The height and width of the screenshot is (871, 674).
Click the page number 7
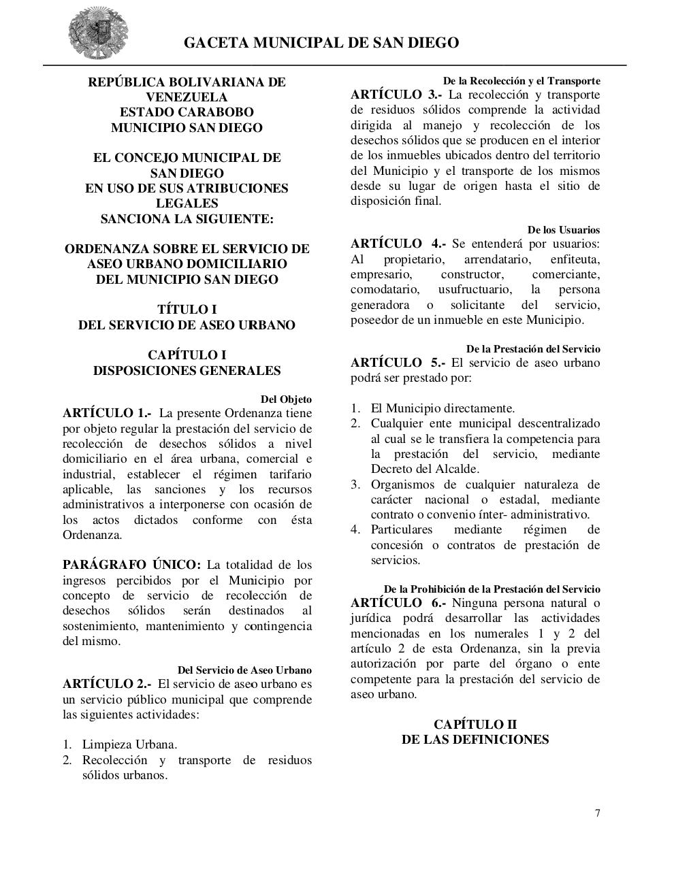click(x=597, y=813)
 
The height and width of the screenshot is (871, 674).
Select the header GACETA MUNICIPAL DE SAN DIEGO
click(x=321, y=43)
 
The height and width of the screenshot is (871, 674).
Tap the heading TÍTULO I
click(x=187, y=310)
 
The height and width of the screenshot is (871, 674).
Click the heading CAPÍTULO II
click(x=475, y=724)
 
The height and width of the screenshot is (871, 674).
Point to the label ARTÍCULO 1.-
click(x=106, y=413)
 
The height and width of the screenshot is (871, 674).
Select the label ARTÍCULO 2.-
click(x=106, y=684)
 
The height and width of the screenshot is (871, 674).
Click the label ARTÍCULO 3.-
click(x=396, y=95)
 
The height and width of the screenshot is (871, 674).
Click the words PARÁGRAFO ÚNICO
click(x=131, y=565)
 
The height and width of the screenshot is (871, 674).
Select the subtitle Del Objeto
click(x=286, y=399)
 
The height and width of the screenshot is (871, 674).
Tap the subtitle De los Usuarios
click(x=563, y=230)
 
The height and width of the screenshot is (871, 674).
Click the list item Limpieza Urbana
click(x=129, y=744)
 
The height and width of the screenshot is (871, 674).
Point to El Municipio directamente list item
click(x=443, y=408)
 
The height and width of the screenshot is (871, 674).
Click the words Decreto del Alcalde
click(x=425, y=469)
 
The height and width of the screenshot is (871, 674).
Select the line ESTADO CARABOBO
click(x=187, y=112)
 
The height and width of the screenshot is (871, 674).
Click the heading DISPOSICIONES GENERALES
click(x=187, y=371)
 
